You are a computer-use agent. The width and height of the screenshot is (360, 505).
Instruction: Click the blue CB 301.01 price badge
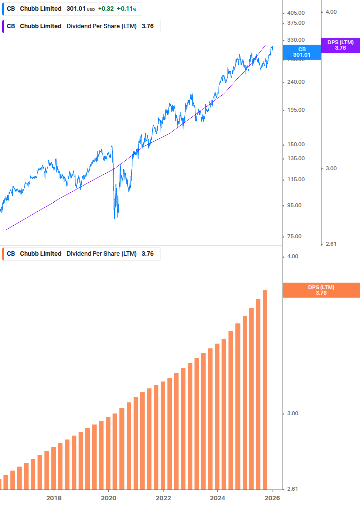coord(302,52)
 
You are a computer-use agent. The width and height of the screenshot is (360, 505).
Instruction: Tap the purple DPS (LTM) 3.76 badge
coord(340,45)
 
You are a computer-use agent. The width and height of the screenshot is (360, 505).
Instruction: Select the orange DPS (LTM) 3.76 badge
coord(321,290)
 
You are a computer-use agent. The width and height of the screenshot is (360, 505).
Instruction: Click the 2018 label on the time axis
coord(54,498)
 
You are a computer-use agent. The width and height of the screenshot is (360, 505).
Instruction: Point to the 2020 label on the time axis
coord(108,498)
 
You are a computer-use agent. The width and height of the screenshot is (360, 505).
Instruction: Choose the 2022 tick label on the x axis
coord(163,498)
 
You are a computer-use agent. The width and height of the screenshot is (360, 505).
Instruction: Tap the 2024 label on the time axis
coord(217,498)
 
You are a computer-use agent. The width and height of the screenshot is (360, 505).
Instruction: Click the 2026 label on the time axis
coord(272,498)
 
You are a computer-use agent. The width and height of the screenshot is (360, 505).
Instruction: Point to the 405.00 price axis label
coord(296,12)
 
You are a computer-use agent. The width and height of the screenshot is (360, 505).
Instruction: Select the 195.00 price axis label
coord(296,110)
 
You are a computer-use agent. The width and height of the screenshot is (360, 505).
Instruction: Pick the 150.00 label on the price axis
coord(296,145)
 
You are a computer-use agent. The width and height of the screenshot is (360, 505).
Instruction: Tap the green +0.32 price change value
coord(106,9)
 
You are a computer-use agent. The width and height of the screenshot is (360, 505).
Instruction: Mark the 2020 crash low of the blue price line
coord(116,217)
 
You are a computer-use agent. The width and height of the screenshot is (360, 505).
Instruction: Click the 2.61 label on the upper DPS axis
coord(331,244)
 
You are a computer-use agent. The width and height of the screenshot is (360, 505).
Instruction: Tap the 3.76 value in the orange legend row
coord(147,254)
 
